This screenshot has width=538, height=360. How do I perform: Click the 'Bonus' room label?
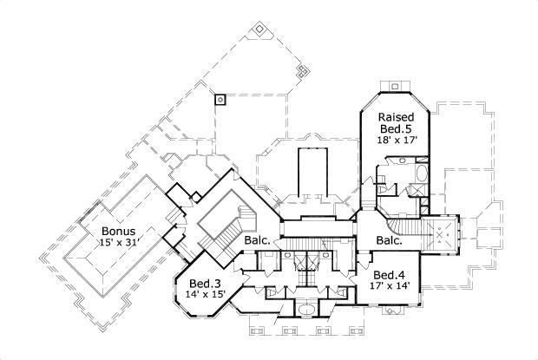[117, 232]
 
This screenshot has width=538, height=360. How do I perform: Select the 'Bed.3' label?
[205, 283]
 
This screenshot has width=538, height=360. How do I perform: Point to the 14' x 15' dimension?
[205, 294]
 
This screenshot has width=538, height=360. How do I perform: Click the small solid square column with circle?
[220, 98]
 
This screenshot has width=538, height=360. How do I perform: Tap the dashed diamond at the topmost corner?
[259, 29]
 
